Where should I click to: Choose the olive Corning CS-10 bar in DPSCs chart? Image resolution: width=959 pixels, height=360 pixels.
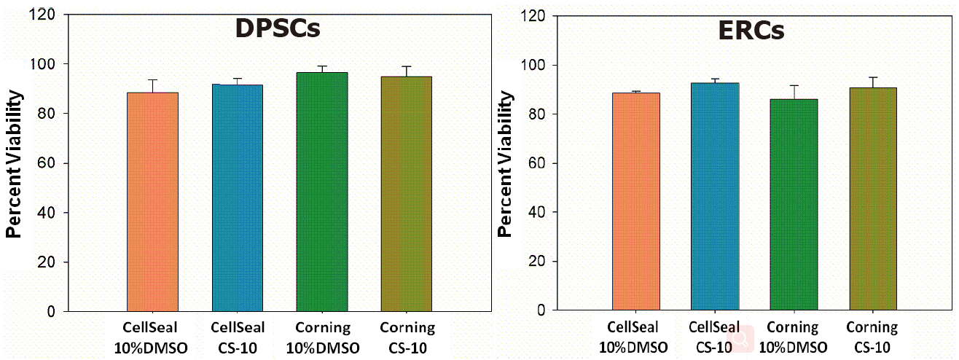click(406, 194)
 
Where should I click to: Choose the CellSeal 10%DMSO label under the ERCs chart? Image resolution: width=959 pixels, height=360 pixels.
click(636, 336)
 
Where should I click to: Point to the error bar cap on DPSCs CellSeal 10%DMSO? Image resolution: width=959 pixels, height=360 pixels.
click(153, 79)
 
